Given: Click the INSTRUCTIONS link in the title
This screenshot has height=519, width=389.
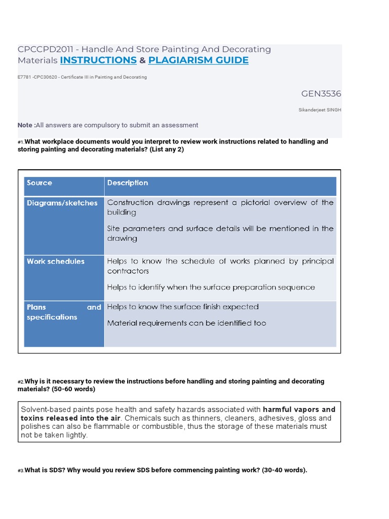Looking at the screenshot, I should [98, 60].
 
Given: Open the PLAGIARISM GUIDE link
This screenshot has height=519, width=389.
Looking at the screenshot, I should [198, 60].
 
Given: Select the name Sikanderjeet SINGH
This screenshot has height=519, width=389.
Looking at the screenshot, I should [320, 109].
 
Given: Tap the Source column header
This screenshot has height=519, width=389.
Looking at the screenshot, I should [40, 183].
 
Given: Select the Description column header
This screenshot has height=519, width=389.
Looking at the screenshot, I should [128, 183].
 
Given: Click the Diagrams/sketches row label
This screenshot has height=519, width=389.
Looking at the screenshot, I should [62, 203].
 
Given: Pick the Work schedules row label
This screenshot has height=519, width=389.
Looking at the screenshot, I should [56, 262].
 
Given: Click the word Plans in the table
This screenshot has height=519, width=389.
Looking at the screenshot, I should [36, 307].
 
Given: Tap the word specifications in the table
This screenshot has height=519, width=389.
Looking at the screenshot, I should [52, 317].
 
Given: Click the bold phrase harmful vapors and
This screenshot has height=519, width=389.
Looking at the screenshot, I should [299, 410].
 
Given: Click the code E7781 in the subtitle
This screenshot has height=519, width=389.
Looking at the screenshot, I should [24, 78].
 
